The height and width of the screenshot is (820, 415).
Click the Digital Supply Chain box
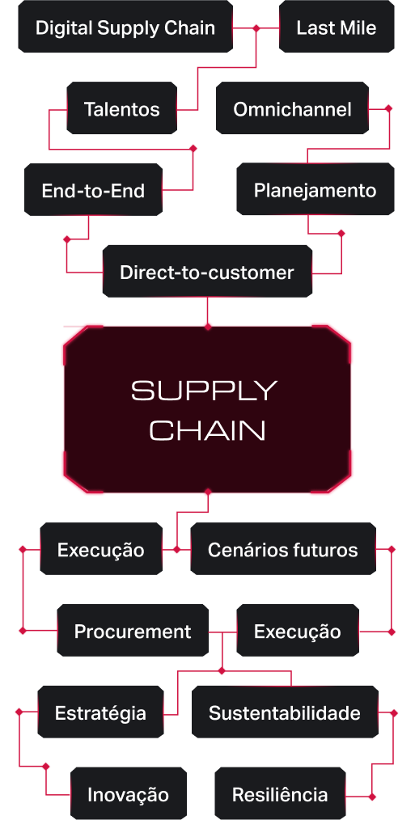(x=125, y=27)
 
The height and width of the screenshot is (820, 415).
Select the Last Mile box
(x=337, y=27)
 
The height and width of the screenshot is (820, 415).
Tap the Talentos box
(x=122, y=108)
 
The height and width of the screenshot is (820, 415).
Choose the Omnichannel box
(x=292, y=108)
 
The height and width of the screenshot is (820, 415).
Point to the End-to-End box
(x=93, y=190)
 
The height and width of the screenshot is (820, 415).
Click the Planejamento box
(x=315, y=189)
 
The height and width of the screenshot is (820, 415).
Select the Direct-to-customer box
(x=207, y=272)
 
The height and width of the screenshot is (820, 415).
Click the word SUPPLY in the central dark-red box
(x=204, y=391)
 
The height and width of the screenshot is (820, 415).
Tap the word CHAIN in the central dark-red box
(x=208, y=431)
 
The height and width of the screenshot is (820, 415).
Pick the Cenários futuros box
(x=283, y=549)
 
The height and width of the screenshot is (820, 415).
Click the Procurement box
(x=133, y=631)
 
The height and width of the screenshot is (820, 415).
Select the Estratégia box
(x=100, y=712)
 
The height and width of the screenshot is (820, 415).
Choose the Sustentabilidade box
(x=285, y=712)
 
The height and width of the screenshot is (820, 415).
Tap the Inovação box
(x=128, y=794)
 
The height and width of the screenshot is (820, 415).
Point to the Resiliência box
(x=280, y=794)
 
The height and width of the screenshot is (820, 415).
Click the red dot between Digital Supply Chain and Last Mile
(x=256, y=27)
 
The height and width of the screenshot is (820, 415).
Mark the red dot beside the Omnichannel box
(x=388, y=109)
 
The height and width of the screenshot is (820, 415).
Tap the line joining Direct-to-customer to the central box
(x=207, y=311)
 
